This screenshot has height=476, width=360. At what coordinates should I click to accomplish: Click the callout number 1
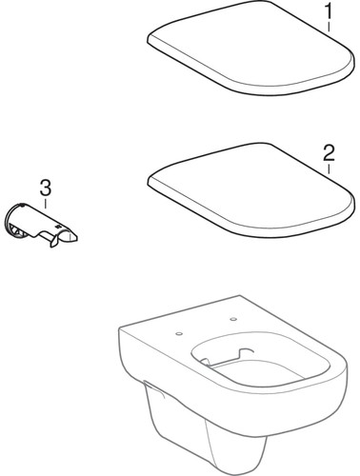point(330,13)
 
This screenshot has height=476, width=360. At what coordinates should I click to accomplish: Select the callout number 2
point(328,152)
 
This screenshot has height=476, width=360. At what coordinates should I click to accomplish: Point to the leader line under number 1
point(330,30)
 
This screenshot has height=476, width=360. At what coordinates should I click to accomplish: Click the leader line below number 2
point(328,168)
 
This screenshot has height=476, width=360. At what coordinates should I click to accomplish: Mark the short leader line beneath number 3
point(44,198)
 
